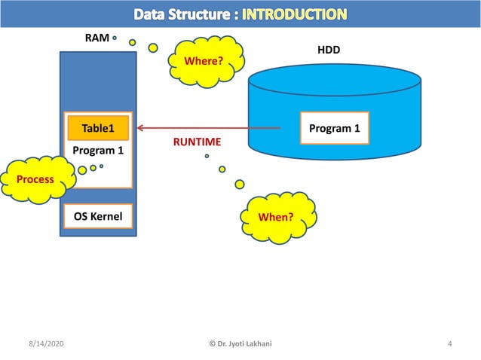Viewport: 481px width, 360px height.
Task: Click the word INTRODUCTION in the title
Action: [295, 14]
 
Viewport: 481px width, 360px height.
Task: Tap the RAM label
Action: [97, 37]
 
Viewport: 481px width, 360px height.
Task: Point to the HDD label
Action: [328, 50]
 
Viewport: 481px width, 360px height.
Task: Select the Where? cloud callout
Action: [205, 59]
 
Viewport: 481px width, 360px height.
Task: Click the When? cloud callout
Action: [275, 218]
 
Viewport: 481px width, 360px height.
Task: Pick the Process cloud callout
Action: [35, 179]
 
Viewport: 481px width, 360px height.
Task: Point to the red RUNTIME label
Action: [197, 142]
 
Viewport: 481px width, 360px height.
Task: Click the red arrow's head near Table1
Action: [140, 129]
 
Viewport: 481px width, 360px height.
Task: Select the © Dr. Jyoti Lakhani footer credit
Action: [240, 344]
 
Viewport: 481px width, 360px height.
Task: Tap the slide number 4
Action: [449, 344]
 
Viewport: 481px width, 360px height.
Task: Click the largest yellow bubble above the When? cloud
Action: [240, 184]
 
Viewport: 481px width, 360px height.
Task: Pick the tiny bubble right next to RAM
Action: [115, 37]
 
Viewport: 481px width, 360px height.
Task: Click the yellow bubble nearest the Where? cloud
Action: [153, 48]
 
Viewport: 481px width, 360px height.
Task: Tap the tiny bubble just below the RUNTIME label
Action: [207, 157]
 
